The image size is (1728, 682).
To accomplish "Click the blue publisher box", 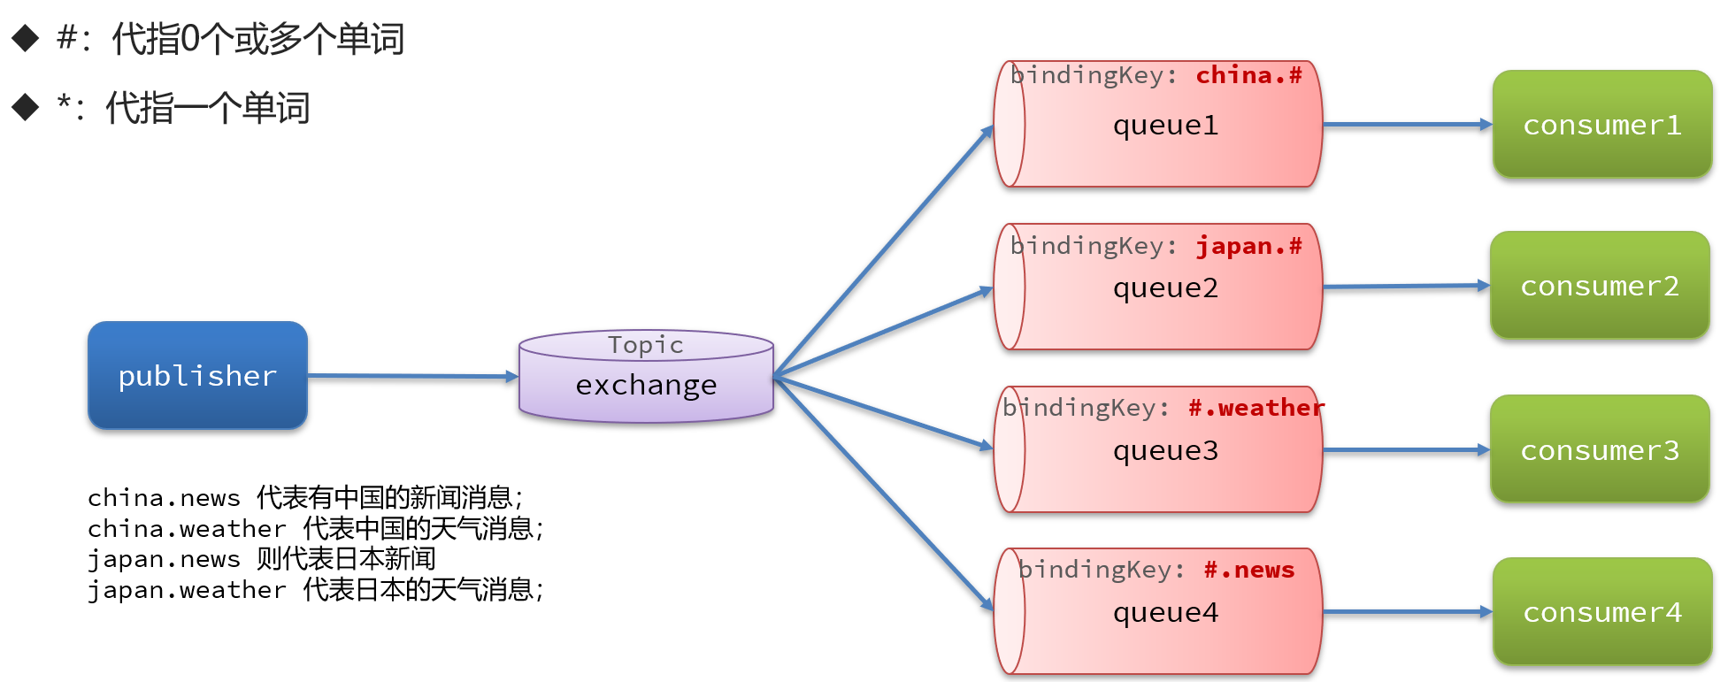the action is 197,376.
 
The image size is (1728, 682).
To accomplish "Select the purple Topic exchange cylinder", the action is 646,377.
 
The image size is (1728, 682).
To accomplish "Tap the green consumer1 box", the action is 1602,125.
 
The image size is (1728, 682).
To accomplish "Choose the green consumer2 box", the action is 1600,286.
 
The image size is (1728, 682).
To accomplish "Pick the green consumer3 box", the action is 1600,449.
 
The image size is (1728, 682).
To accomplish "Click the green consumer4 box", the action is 1602,612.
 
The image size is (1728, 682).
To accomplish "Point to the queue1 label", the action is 1165,126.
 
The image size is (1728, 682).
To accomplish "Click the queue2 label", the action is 1165,288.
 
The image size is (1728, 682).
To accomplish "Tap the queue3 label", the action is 1165,451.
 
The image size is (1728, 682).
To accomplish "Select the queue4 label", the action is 1165,613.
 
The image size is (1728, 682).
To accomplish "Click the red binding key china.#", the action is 1249,75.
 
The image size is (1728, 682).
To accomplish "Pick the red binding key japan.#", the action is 1249,246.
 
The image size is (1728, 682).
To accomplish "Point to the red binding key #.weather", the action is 1256,408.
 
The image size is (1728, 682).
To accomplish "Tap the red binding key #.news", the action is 1249,570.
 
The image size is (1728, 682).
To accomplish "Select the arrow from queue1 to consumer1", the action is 1408,125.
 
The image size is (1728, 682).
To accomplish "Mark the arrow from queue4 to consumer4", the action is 1408,611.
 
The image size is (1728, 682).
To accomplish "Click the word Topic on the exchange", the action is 646,345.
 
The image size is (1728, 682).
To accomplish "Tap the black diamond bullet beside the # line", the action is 26,38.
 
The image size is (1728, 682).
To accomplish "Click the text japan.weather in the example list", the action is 187,590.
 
